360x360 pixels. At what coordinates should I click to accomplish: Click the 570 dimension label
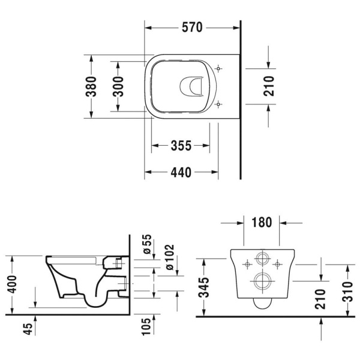[x=193, y=28]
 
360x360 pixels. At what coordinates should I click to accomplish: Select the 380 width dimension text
[x=91, y=88]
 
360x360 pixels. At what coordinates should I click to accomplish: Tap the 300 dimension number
[x=118, y=88]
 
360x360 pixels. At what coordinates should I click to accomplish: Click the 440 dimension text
[x=181, y=173]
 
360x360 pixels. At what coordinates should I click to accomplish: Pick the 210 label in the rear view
[x=320, y=298]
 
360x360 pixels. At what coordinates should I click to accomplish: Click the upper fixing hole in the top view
[x=219, y=69]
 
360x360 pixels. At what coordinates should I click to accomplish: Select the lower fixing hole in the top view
[x=219, y=104]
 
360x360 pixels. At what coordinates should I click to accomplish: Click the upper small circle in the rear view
[x=262, y=260]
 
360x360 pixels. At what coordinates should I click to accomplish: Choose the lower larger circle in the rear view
[x=262, y=280]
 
